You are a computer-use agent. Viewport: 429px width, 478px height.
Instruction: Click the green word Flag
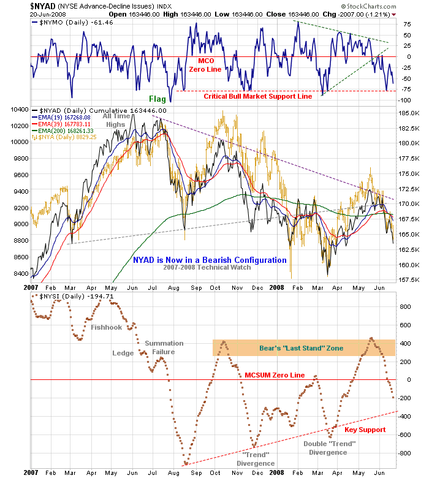[158, 98]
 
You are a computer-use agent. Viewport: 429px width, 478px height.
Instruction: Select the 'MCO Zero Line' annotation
[206, 66]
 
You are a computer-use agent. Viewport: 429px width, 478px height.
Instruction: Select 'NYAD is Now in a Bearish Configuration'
[210, 260]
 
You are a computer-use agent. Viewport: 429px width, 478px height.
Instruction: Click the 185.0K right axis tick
[407, 113]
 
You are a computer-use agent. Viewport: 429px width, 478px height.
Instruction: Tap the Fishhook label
[107, 327]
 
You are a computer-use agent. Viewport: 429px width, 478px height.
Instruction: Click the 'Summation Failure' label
[160, 347]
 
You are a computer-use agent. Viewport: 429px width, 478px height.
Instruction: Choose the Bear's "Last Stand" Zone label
[300, 348]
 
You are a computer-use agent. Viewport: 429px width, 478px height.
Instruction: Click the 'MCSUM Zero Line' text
[274, 374]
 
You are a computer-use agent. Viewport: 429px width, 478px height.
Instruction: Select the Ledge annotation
[123, 353]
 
